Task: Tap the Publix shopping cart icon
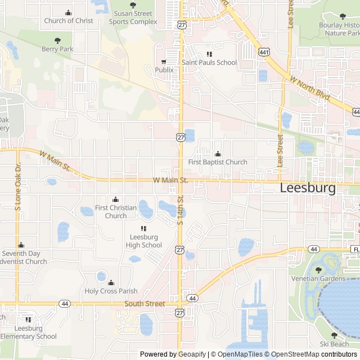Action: [164, 61]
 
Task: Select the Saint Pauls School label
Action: [209, 62]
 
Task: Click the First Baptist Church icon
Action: [218, 154]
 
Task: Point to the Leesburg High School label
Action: [144, 241]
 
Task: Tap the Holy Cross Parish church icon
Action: [111, 282]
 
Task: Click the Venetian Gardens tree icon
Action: [318, 270]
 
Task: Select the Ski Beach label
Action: [334, 344]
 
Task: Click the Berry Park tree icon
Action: [57, 40]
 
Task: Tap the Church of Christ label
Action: [69, 21]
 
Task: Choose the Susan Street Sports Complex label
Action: [133, 17]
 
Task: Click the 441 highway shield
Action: [263, 52]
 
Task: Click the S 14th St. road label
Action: [181, 210]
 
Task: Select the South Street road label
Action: [145, 304]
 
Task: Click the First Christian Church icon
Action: [116, 199]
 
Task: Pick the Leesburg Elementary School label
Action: [28, 332]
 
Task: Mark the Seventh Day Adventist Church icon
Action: [21, 245]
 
